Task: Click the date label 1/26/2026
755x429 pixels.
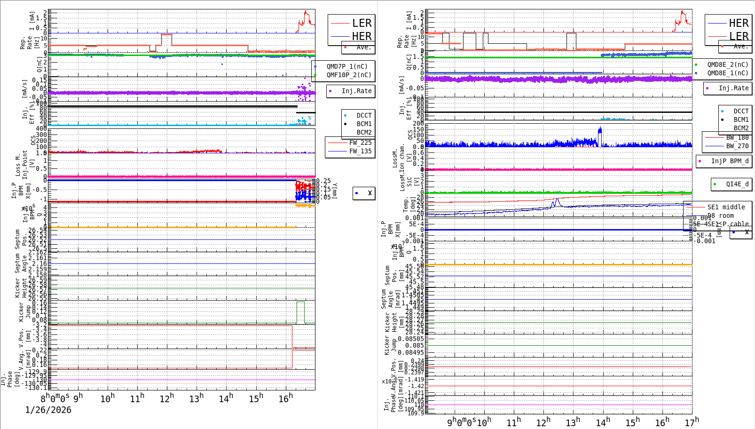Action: (x=48, y=410)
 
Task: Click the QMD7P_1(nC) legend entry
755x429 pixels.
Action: (x=347, y=66)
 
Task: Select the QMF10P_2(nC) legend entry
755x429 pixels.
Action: (x=348, y=75)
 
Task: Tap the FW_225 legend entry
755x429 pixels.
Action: (x=360, y=143)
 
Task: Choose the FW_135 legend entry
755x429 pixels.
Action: (x=360, y=151)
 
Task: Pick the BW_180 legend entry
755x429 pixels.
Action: (x=737, y=137)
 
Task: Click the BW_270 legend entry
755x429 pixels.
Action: (x=737, y=146)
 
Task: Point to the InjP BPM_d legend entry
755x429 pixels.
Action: (x=730, y=161)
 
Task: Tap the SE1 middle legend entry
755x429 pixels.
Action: (x=726, y=207)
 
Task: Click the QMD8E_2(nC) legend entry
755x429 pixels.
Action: (x=728, y=64)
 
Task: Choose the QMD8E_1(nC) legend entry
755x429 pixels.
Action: (x=728, y=73)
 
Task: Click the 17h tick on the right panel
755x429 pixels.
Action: (x=692, y=422)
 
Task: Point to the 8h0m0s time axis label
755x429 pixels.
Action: (x=55, y=398)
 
